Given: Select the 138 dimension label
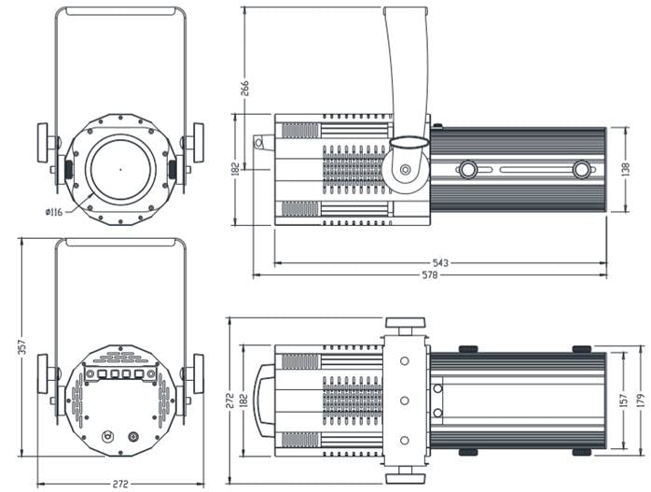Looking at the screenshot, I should pos(625,170).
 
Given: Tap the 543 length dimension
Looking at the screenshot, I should pos(441,263).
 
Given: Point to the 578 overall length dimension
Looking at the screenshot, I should pos(430,275).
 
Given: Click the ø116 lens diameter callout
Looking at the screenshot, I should pos(53,213).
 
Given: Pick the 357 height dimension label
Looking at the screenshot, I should pos(21,346).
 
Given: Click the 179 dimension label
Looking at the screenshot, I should pos(640,400).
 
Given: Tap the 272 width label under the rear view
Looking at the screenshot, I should pos(118,484).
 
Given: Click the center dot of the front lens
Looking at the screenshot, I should pos(120,169).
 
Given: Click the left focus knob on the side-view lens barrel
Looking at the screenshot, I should pos(468,170).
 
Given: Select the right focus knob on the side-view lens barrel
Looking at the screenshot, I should pos(582,170).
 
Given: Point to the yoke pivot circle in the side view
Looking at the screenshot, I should pos(406,172).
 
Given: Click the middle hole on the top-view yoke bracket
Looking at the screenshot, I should pos(406,400).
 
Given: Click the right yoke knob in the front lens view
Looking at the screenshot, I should pos(197,142).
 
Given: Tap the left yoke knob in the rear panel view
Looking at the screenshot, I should pos(44,373).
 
